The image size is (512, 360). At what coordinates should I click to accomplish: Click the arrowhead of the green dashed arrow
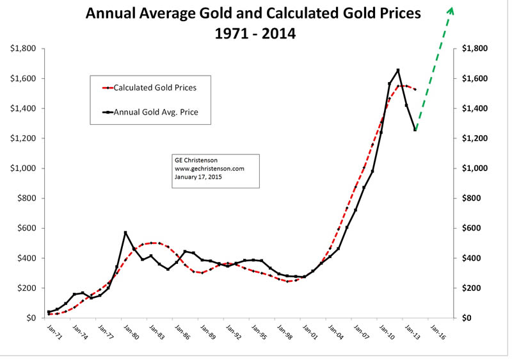[x=451, y=10]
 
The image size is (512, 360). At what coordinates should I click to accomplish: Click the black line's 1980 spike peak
[x=125, y=233]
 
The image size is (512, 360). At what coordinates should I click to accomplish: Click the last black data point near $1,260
[x=415, y=129]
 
